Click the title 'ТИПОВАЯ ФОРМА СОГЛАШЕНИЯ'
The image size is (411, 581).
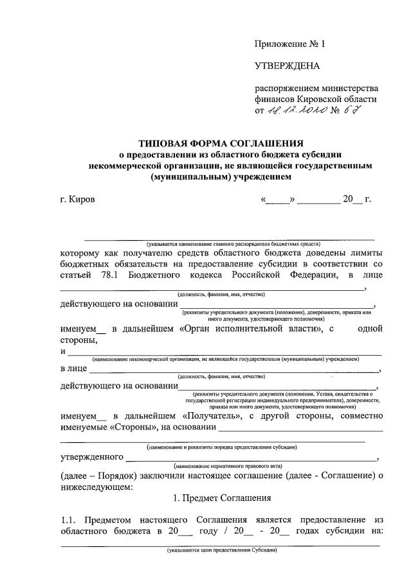221,143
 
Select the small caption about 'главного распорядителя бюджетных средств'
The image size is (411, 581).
234,244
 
